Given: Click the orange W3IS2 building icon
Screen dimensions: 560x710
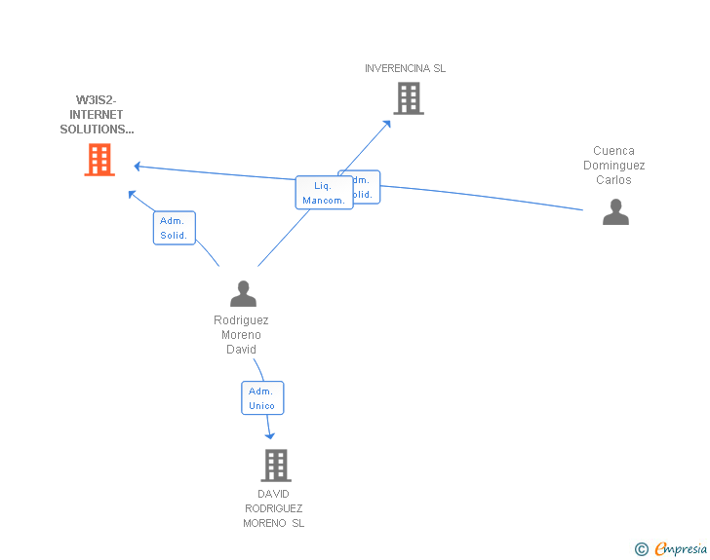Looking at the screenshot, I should pyautogui.click(x=99, y=160).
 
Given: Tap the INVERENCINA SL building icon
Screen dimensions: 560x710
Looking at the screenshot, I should pyautogui.click(x=408, y=98).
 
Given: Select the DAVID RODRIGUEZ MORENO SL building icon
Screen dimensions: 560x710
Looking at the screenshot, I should pyautogui.click(x=276, y=466).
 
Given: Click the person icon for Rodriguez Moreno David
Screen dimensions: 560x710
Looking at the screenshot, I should pyautogui.click(x=243, y=293).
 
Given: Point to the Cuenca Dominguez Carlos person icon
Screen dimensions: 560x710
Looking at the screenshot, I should pyautogui.click(x=615, y=211).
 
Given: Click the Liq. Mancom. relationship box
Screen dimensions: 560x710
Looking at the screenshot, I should pyautogui.click(x=324, y=193).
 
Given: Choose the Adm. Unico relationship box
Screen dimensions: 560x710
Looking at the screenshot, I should pyautogui.click(x=262, y=398).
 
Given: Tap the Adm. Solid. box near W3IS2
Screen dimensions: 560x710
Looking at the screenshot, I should pyautogui.click(x=175, y=228).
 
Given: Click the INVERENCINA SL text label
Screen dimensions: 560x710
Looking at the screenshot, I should pyautogui.click(x=405, y=68).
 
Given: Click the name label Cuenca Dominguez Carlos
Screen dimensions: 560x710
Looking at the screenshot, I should pyautogui.click(x=614, y=166).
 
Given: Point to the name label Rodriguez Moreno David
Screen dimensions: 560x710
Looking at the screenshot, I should pyautogui.click(x=241, y=334).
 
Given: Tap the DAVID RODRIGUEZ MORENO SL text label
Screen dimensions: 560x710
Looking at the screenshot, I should pyautogui.click(x=274, y=508).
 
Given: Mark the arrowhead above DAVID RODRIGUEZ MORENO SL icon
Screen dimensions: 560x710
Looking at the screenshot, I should pyautogui.click(x=270, y=435).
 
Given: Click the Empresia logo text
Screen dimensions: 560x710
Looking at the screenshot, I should pyautogui.click(x=681, y=549).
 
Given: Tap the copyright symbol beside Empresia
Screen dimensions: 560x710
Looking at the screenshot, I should pyautogui.click(x=641, y=550).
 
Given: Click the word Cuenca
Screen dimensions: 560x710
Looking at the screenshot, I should pyautogui.click(x=614, y=151).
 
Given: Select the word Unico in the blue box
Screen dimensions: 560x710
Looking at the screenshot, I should pyautogui.click(x=262, y=406).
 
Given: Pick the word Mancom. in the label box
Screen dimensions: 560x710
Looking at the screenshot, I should pyautogui.click(x=324, y=201).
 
